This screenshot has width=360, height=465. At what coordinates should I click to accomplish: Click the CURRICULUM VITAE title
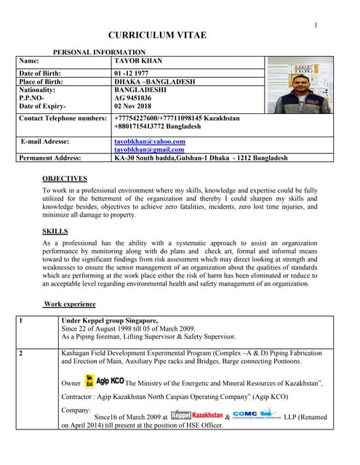[157, 35]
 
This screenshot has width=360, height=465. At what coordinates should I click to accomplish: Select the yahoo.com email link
[150, 141]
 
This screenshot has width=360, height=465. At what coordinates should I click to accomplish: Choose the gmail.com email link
[150, 149]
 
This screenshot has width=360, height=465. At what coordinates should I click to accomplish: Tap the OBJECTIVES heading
[65, 178]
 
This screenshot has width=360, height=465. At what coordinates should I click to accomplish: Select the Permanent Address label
[50, 157]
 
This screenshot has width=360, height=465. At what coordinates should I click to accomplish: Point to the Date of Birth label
[40, 73]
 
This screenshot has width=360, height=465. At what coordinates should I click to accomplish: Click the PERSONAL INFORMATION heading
[100, 52]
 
